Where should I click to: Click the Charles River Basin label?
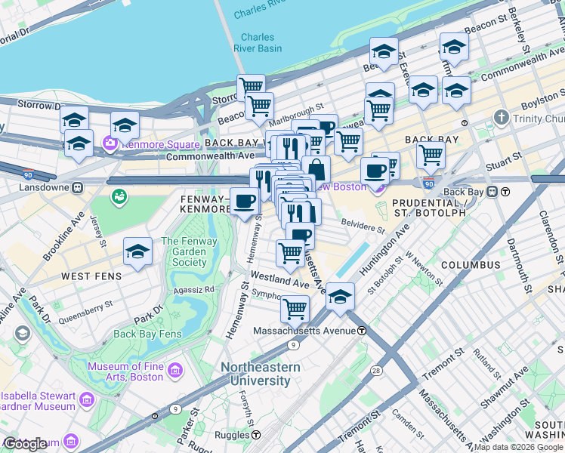(261, 43)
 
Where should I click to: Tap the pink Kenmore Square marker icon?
(111, 143)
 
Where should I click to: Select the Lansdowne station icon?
(76, 186)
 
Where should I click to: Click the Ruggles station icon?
(256, 436)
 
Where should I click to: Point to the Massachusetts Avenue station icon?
(362, 331)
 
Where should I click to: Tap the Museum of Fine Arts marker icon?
(175, 371)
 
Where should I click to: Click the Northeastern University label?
(260, 374)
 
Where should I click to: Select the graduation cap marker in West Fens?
(137, 251)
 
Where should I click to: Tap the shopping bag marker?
(316, 168)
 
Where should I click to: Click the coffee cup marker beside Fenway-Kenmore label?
(244, 200)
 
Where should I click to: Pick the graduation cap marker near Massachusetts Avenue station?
(341, 295)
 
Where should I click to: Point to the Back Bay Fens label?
(147, 334)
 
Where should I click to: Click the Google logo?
(25, 444)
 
